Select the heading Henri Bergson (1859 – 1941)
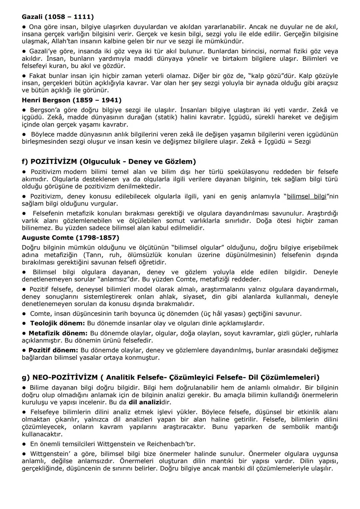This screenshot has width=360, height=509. point(72,100)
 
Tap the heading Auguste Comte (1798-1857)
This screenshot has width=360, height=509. point(70,238)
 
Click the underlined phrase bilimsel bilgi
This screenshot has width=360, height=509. point(306,196)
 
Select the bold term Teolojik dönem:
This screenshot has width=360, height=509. point(57,323)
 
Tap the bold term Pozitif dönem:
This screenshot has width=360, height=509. point(53,350)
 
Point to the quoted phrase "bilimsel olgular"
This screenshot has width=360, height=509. point(198,248)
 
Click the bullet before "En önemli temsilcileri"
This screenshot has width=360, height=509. point(24,444)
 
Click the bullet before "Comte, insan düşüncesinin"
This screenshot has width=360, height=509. point(24,314)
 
